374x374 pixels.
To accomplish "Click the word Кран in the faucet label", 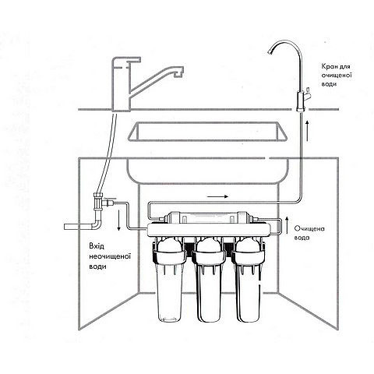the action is [328, 67].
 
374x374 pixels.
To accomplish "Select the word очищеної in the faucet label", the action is [337, 76].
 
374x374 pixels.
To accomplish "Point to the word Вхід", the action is [97, 246].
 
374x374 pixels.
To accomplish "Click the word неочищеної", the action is [110, 256].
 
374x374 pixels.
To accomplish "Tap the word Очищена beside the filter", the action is [309, 229].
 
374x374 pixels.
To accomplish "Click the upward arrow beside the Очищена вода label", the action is [287, 226].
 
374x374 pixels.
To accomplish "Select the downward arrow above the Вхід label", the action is [118, 221].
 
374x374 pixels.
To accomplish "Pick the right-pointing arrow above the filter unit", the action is [218, 196].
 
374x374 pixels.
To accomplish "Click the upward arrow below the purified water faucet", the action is [308, 131].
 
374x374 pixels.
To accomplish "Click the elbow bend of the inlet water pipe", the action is [97, 224].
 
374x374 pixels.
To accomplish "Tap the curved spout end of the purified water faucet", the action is [271, 52].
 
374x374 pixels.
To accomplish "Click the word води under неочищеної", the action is [97, 266].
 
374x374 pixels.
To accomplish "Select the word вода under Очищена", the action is [302, 238].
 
